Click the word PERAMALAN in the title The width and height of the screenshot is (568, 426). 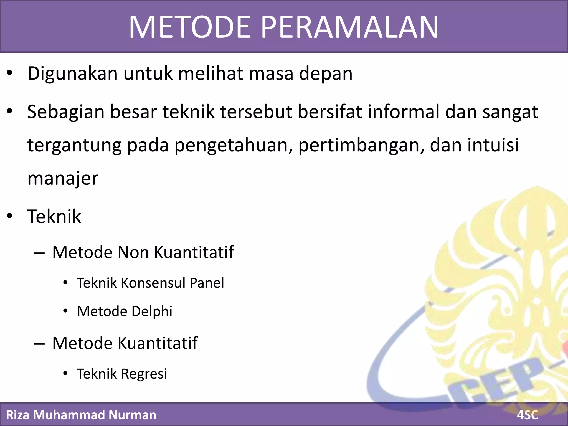click(350, 27)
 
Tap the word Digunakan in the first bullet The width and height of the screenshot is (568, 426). click(73, 74)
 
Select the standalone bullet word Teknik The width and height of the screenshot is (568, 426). click(54, 216)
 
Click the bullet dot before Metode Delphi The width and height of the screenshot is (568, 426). click(65, 311)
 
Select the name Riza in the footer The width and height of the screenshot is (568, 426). click(18, 415)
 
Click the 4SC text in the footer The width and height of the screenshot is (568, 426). click(528, 415)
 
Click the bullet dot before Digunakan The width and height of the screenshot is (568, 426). click(10, 73)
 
